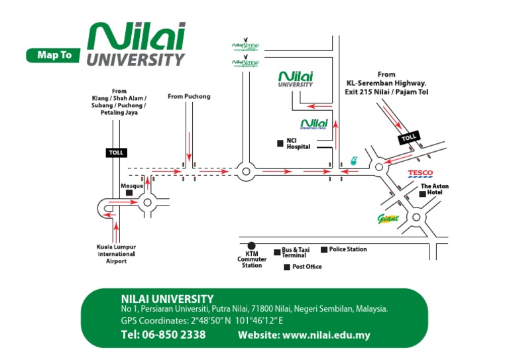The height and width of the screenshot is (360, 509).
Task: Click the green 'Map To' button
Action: pos(54,56)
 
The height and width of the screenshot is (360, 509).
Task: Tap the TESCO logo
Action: pos(420,174)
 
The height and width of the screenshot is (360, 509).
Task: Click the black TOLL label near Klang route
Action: pos(117,152)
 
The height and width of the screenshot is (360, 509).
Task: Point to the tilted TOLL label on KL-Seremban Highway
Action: pos(409,138)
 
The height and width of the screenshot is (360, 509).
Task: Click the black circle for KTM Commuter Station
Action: pos(251,245)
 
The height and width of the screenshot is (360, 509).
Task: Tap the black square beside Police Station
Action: pos(324,249)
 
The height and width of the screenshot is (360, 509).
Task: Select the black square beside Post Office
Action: pos(286,267)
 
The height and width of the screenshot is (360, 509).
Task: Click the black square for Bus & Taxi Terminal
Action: pos(277,252)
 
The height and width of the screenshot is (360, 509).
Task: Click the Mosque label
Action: pos(131,186)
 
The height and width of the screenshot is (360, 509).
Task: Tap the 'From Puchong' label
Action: pos(189,97)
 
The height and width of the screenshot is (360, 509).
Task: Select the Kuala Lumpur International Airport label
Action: pos(117,254)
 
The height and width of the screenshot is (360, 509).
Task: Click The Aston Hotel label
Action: pos(435,190)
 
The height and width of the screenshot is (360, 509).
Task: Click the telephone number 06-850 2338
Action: pos(163,335)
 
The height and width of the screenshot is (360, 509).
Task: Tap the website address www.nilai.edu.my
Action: pos(304,335)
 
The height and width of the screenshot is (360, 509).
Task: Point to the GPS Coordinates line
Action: pos(197,320)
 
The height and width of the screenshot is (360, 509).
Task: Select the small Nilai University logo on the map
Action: pos(296,80)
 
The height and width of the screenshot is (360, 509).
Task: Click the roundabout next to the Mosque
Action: pos(146,204)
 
